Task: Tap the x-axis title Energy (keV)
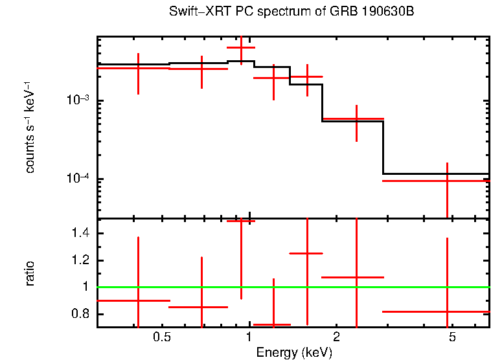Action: pos(294,352)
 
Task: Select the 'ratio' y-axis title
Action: pos(30,273)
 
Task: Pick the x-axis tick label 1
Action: pos(249,337)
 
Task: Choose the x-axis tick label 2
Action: pos(336,337)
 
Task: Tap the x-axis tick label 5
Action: pos(452,337)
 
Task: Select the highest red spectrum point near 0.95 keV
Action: pos(241,47)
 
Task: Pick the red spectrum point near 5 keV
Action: pos(447,181)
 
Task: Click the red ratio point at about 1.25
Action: pos(306,253)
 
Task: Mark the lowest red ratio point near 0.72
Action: pos(273,324)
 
